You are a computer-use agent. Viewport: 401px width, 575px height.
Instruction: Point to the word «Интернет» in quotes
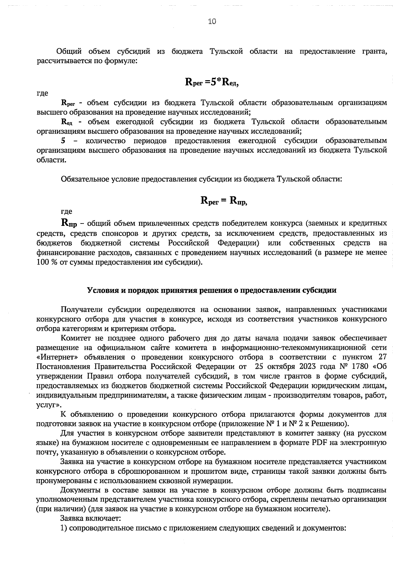(x=54, y=357)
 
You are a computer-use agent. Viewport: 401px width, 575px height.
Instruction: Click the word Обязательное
(x=82, y=179)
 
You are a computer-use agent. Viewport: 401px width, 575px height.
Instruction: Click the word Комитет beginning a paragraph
(x=75, y=338)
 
